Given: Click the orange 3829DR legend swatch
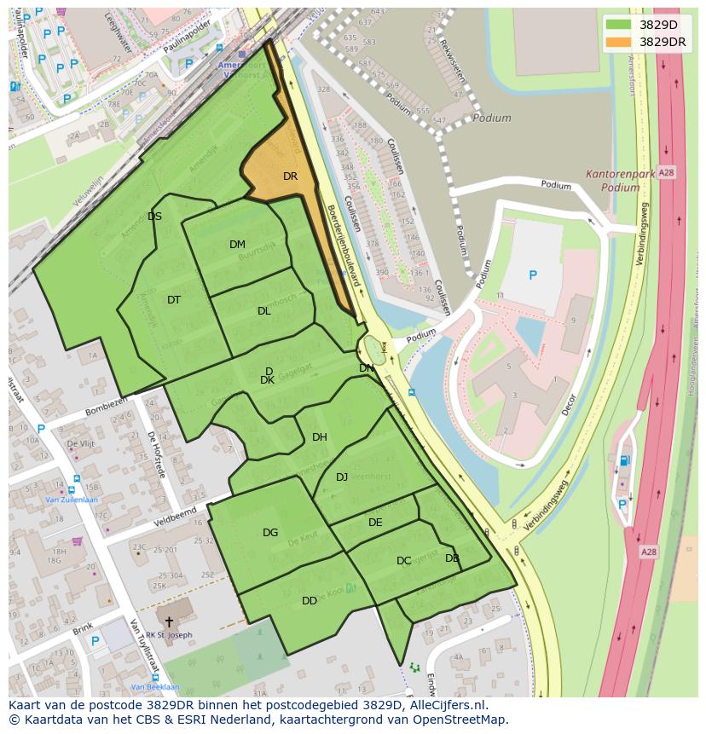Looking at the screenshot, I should coord(620,42).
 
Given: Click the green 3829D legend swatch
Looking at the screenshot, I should coord(620,24).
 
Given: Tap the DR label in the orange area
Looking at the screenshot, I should coord(290,176).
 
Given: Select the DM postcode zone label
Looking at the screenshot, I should coord(237,245).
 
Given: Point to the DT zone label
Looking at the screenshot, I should coord(174,300).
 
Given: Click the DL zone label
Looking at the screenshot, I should coord(263,311).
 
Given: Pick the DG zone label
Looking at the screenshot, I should coord(270,533).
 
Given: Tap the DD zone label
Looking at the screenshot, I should coord(310,601).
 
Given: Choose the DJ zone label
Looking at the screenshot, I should coord(342,477).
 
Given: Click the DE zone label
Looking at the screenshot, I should coord(375,523).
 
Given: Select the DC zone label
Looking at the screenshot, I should coord(404,561).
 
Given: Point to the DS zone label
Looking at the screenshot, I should coord(154,217).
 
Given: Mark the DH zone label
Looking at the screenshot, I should coord(320,437).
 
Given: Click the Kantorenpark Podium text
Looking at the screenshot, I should coord(620,181).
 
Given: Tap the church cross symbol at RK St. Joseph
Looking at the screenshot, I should coord(169,623).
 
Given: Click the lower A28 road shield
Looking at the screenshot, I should coord(649,552).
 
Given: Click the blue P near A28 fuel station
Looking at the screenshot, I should coord(622,505).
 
